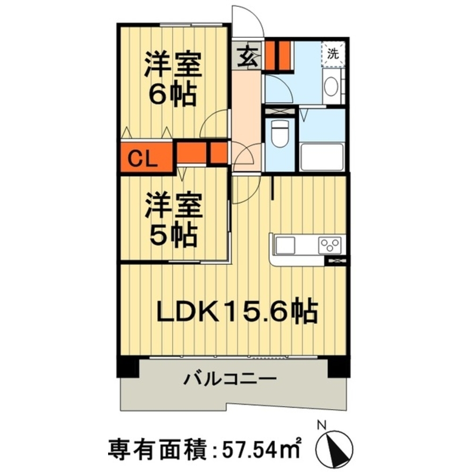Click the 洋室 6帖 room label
(x=173, y=80)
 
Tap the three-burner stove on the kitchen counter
(x=330, y=244)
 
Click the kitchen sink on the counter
(x=285, y=245)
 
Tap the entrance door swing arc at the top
(x=251, y=21)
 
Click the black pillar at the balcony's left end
(x=128, y=368)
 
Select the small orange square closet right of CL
(x=218, y=152)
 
